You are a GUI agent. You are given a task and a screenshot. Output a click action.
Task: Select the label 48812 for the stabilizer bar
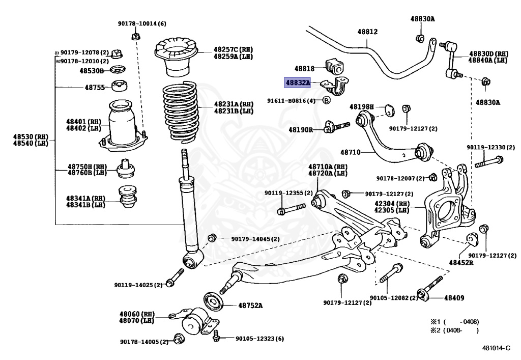[x=367, y=32]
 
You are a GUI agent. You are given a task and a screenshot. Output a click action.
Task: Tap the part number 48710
[x=350, y=152]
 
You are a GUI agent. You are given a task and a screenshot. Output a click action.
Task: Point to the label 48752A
[x=250, y=306]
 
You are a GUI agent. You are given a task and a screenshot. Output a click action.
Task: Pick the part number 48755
[x=94, y=87]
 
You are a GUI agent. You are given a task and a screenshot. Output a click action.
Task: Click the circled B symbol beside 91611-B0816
[x=327, y=100]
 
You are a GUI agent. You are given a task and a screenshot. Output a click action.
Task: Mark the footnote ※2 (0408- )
[x=455, y=330]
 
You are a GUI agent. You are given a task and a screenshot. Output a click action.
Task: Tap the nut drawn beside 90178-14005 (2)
[x=179, y=339]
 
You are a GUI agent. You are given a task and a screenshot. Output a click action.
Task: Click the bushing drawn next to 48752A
[x=212, y=301]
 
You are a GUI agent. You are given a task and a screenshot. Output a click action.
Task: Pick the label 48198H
[x=361, y=107]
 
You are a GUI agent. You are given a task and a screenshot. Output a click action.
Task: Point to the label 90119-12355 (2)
[x=287, y=193]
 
